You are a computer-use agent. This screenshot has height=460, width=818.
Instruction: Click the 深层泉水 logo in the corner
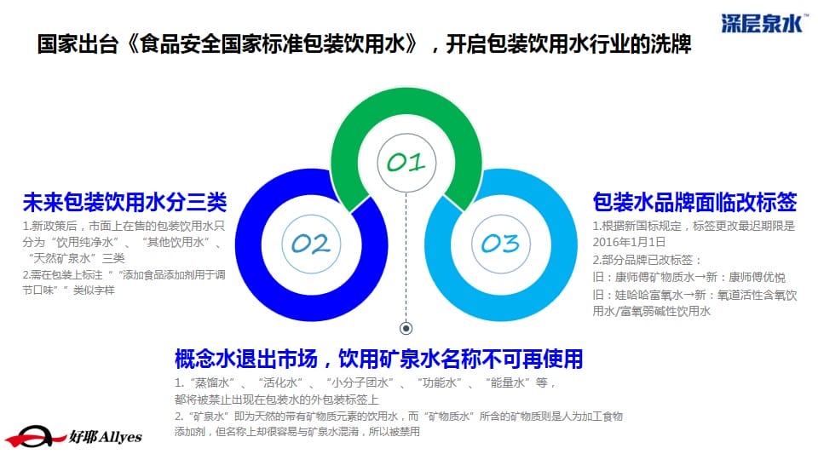763,24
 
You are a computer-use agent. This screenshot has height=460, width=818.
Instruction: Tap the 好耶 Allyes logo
73,436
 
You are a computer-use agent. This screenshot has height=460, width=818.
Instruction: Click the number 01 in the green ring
406,162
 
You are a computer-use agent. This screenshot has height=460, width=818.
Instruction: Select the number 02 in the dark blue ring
311,244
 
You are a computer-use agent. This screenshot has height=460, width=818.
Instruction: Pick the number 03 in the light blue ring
501,244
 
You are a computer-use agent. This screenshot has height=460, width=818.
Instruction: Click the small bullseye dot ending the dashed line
406,328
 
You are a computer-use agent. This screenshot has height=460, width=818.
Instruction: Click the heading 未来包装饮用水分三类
124,203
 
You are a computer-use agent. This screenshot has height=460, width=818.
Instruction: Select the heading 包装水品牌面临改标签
695,203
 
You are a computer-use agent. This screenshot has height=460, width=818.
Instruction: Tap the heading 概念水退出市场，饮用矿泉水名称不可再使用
378,359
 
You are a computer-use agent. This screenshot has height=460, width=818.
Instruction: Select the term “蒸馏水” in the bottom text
212,382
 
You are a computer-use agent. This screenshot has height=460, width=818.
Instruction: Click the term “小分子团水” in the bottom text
360,382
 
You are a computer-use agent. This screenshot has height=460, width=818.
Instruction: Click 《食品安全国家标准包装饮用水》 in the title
272,44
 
